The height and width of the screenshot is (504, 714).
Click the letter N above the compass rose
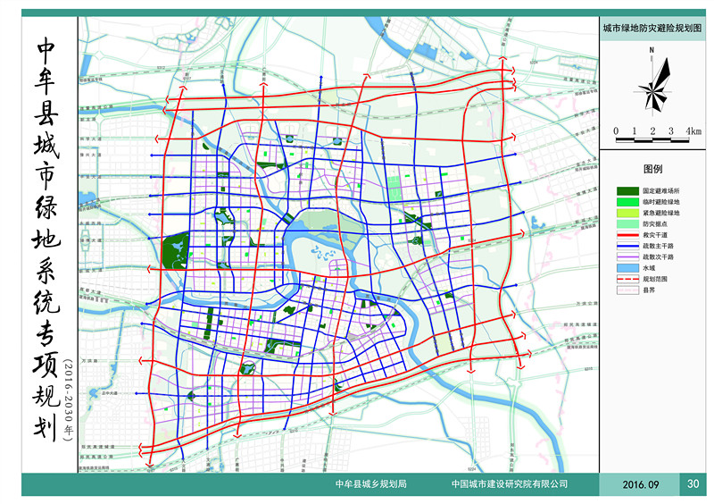(x=652, y=50)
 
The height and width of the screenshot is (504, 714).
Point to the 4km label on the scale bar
(x=693, y=131)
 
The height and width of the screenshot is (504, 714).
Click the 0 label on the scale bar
(x=616, y=131)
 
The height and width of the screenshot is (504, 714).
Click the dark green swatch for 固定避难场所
(x=628, y=191)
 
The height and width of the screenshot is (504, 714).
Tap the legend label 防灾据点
(x=656, y=224)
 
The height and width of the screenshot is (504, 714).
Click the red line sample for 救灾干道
(x=628, y=235)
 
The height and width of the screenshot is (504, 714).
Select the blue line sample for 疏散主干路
(x=628, y=246)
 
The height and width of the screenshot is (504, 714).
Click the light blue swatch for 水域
(x=628, y=267)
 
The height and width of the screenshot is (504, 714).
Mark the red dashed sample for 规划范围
(x=628, y=278)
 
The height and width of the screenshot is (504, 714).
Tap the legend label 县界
(x=649, y=290)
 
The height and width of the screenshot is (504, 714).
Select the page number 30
(x=693, y=483)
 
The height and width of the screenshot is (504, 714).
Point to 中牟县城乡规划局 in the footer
(x=369, y=484)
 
